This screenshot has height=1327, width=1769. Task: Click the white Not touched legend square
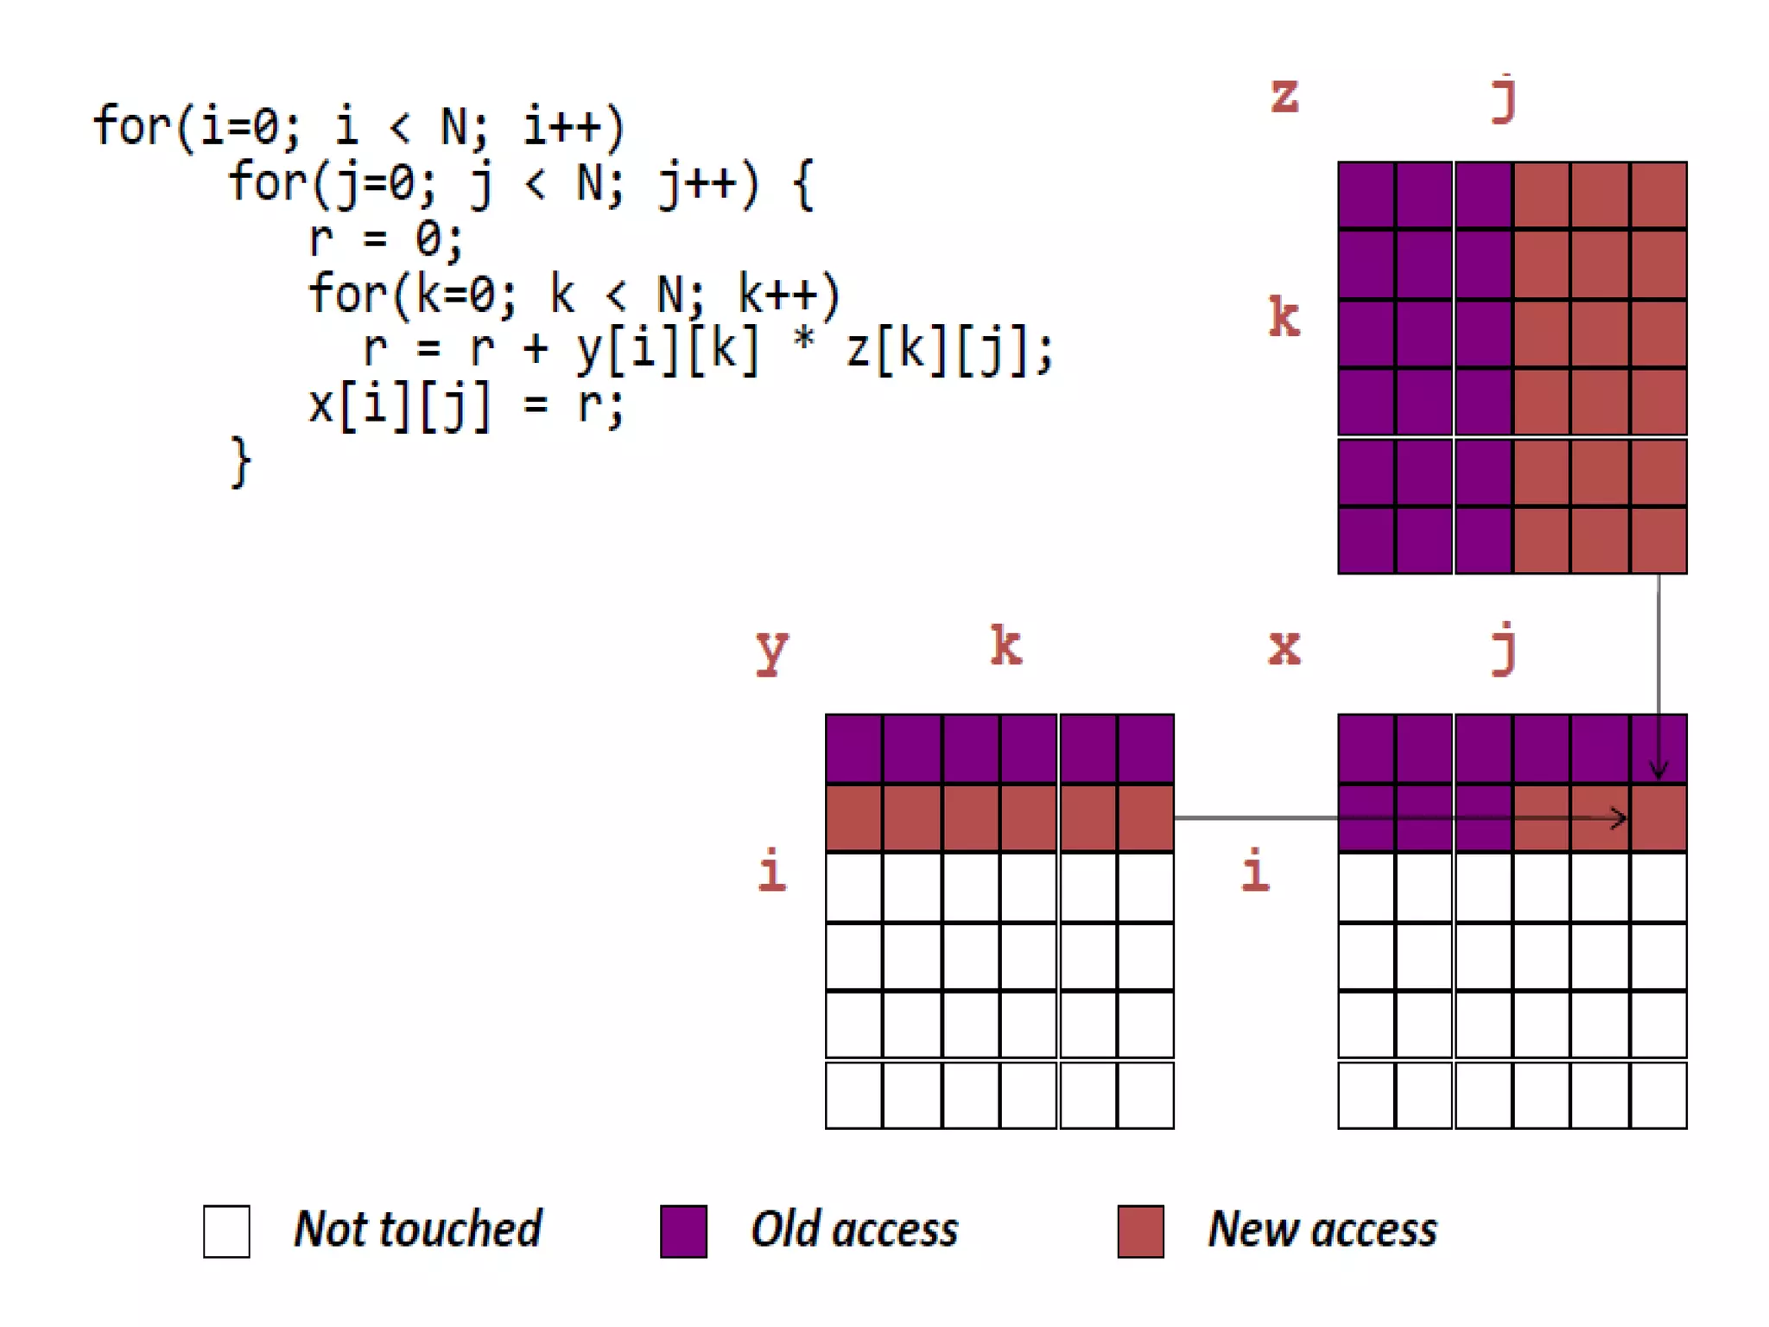click(226, 1231)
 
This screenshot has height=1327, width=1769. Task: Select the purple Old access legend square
click(683, 1231)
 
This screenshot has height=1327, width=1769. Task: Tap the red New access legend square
click(1140, 1231)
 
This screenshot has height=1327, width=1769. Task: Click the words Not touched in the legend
click(418, 1229)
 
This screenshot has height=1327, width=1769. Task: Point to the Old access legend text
click(854, 1229)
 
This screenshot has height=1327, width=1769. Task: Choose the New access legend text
click(1322, 1229)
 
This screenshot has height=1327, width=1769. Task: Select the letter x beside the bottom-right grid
click(1284, 647)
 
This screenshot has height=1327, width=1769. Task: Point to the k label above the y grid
click(1006, 645)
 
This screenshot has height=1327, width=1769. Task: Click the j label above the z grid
click(1504, 99)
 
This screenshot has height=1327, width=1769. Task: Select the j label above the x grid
click(1504, 648)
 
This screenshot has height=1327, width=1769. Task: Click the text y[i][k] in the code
click(668, 350)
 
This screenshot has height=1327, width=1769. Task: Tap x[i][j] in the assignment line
click(400, 405)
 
